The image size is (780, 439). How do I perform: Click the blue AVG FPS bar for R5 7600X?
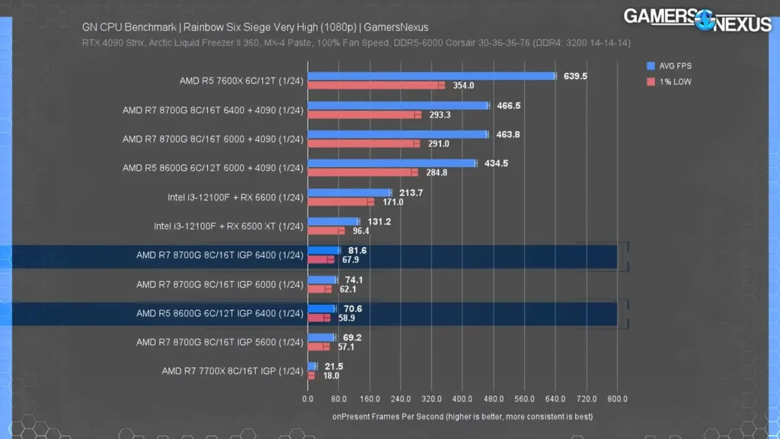point(431,76)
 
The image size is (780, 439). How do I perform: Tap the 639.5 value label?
point(574,76)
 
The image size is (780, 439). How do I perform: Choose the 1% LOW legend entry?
point(671,82)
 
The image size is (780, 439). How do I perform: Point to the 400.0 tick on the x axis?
point(462,399)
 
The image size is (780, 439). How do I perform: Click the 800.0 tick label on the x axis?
point(617,399)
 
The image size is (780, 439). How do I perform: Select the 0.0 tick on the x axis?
point(308,399)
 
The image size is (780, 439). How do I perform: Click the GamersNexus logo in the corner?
point(697,18)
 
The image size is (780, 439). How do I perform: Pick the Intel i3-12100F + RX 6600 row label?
point(235,197)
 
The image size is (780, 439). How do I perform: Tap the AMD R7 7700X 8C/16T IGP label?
point(232,371)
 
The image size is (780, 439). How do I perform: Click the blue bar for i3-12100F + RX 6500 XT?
point(333,221)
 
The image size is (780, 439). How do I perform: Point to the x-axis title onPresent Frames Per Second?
point(462,416)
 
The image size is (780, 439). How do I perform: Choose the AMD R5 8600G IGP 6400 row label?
point(219,313)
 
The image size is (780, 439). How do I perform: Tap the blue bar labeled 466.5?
point(398,105)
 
